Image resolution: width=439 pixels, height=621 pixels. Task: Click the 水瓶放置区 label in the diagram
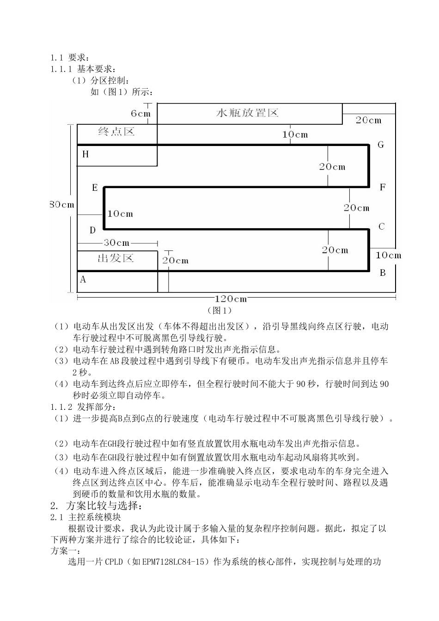pyautogui.click(x=247, y=113)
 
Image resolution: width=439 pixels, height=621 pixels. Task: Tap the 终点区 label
pyautogui.click(x=116, y=132)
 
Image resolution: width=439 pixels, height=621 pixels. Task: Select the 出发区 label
pyautogui.click(x=116, y=258)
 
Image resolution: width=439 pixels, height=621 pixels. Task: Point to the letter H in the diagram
pyautogui.click(x=85, y=154)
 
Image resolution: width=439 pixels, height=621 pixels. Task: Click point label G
pyautogui.click(x=381, y=145)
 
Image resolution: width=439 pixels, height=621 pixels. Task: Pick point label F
pyautogui.click(x=382, y=188)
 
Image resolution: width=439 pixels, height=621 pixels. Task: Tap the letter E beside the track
pyautogui.click(x=95, y=188)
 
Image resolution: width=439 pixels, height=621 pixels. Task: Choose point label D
pyautogui.click(x=93, y=230)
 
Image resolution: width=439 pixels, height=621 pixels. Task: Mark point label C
pyautogui.click(x=381, y=227)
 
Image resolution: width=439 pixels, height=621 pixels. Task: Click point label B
pyautogui.click(x=383, y=273)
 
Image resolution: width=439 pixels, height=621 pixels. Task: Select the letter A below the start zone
pyautogui.click(x=83, y=280)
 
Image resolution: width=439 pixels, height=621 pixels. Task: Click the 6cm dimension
pyautogui.click(x=140, y=114)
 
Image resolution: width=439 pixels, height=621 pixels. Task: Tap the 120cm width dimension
pyautogui.click(x=231, y=299)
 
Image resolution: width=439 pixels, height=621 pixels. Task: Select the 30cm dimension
pyautogui.click(x=116, y=243)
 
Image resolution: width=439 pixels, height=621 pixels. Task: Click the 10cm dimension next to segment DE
pyautogui.click(x=120, y=213)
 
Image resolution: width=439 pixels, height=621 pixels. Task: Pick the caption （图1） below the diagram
pyautogui.click(x=220, y=310)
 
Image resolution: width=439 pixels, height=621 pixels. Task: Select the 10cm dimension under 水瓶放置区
pyautogui.click(x=295, y=135)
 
